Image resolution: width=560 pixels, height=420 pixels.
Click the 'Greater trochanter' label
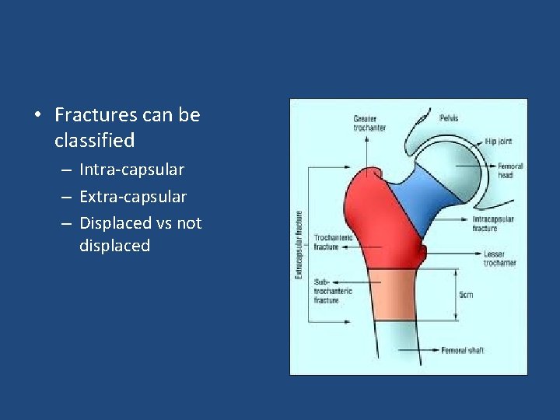tap(369, 123)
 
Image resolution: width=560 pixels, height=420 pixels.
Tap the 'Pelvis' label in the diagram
tap(449, 118)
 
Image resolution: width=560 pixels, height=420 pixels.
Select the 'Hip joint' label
tap(499, 142)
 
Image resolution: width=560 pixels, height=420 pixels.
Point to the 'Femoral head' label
tap(510, 170)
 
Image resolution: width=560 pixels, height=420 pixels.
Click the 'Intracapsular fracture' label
tap(493, 223)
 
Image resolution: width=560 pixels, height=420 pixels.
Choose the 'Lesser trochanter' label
tap(499, 258)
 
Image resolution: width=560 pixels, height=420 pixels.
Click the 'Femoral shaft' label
tap(463, 351)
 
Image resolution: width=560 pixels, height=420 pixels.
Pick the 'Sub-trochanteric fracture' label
tap(333, 290)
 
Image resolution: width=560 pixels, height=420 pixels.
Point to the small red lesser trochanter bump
tap(422, 252)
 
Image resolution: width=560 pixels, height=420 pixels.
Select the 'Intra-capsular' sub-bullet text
tap(131, 170)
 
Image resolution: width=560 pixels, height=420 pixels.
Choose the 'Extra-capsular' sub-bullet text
tap(132, 197)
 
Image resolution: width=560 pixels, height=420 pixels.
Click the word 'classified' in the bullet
tap(94, 141)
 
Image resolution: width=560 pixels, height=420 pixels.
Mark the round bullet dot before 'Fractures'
tap(37, 116)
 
